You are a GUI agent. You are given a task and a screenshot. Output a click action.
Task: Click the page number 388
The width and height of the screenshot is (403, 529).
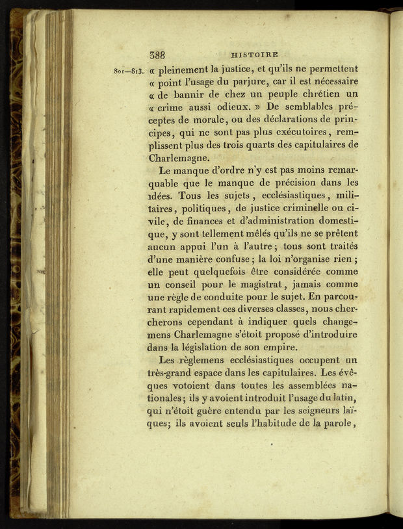pos(157,55)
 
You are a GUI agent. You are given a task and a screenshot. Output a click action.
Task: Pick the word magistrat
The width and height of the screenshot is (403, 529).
pos(257,284)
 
